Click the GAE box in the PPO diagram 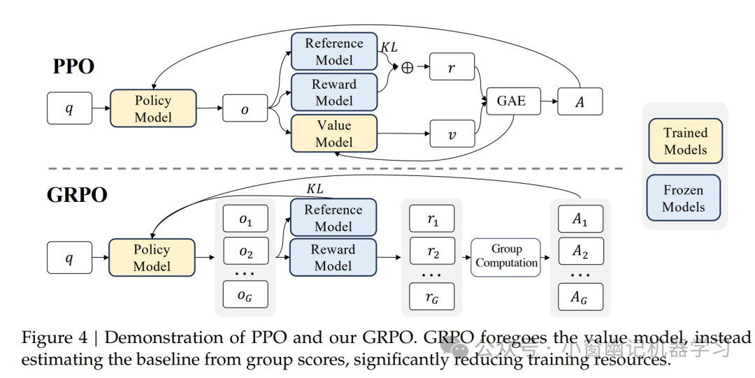point(511,101)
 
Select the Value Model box point(334,133)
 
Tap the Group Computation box point(506,257)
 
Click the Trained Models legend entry point(685,141)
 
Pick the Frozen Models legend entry point(684,198)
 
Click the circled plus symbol point(406,68)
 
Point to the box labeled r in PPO point(452,67)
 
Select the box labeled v point(452,133)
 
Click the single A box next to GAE point(580,102)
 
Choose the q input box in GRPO point(69,258)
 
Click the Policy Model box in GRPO point(152,258)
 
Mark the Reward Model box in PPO point(334,92)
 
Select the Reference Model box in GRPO point(333,218)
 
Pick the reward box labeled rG point(432,296)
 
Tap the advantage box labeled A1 point(580,219)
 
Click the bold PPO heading point(73,67)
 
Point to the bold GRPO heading point(78,194)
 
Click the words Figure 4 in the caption point(55,338)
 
